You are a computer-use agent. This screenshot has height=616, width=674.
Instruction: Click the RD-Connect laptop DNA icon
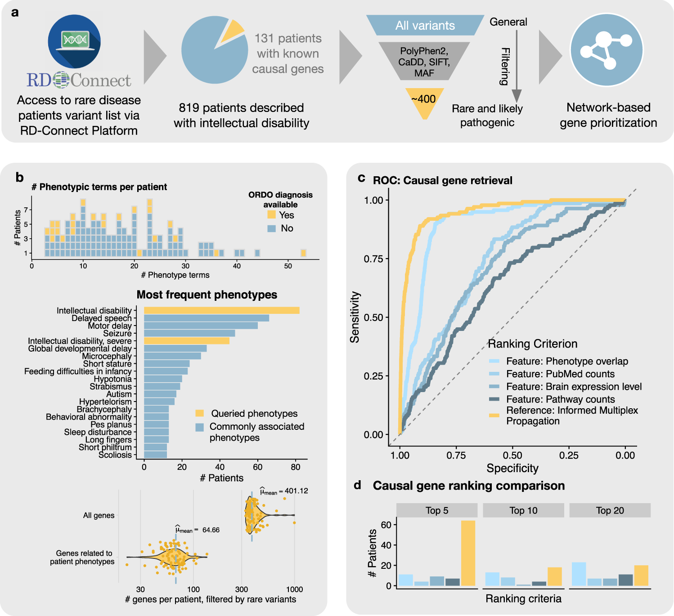click(74, 41)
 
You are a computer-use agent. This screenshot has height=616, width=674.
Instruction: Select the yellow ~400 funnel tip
click(423, 102)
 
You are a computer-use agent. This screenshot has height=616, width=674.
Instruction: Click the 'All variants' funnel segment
click(425, 26)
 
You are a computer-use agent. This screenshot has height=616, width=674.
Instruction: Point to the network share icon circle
click(607, 50)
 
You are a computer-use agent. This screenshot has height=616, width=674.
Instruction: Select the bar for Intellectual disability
click(221, 310)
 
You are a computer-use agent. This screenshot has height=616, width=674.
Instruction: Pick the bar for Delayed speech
click(206, 318)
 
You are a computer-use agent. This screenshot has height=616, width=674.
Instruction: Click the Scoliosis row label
click(115, 455)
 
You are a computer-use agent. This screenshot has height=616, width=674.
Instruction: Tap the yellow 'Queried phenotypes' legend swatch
click(200, 414)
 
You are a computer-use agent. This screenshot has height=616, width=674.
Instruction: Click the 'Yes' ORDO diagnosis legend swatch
click(271, 215)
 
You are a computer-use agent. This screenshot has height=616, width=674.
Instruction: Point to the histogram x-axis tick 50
click(288, 266)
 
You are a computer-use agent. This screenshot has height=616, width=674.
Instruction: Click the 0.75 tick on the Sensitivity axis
click(373, 259)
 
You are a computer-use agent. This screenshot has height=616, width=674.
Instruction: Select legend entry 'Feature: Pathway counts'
click(560, 399)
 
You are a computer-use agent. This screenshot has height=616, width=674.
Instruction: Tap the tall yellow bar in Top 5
click(468, 553)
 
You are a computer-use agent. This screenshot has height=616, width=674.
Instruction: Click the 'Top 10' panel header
click(523, 510)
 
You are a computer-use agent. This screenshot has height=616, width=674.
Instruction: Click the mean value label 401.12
click(296, 491)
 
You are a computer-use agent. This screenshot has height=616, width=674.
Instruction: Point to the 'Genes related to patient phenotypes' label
click(83, 557)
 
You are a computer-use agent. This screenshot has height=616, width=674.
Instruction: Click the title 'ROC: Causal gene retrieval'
click(442, 180)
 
